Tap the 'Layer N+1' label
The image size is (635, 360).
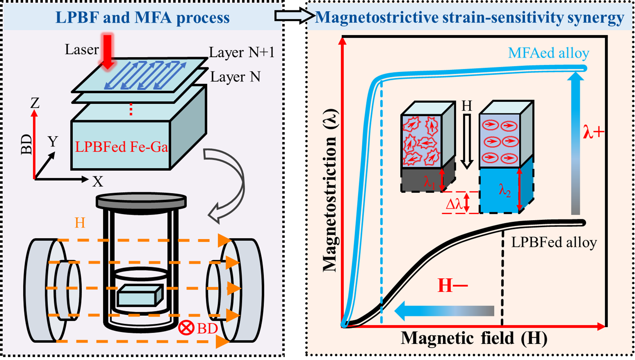point(242,52)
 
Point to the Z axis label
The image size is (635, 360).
point(35,103)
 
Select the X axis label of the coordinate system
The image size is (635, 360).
point(98,182)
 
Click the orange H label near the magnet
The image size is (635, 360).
point(80,223)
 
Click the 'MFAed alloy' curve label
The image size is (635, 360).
point(548,53)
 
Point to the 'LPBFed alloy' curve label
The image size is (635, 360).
point(554,242)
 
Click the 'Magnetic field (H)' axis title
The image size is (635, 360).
point(474,338)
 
